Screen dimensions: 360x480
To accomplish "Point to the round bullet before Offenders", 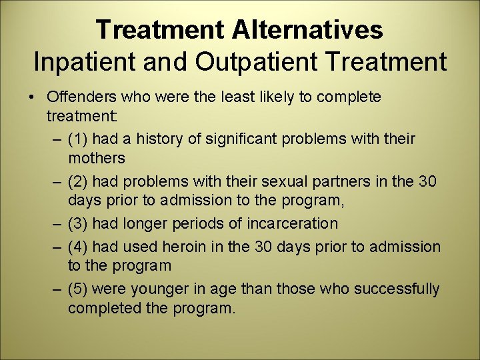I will click(x=33, y=97).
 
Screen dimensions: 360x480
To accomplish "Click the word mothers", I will click(x=96, y=159).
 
